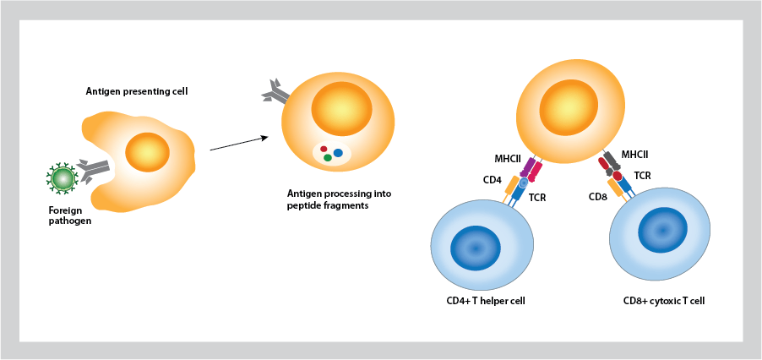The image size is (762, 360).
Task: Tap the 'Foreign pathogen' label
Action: coord(69,215)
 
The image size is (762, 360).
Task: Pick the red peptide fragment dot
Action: coord(323,149)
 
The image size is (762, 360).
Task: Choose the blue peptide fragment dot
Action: coord(338,153)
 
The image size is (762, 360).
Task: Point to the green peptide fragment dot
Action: coord(327,158)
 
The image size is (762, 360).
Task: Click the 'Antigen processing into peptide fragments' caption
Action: coord(339,199)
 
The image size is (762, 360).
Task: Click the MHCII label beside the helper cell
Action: coord(508,159)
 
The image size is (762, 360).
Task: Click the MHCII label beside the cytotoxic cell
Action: coord(636,155)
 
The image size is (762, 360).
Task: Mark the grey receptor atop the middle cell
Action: coord(274,90)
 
